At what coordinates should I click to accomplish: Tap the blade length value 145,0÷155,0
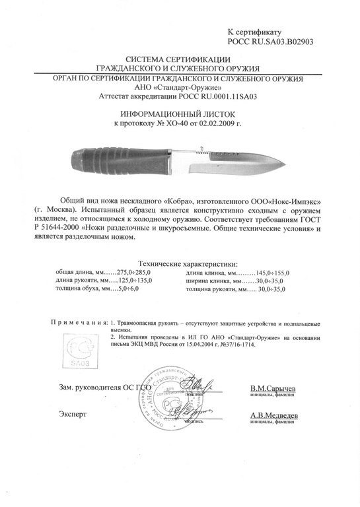pyautogui.click(x=279, y=272)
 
